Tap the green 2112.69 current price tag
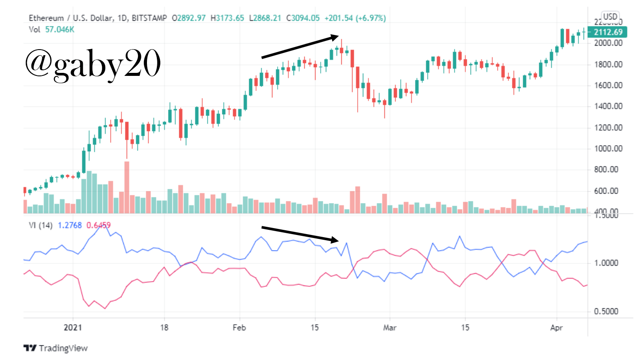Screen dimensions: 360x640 tap(608, 32)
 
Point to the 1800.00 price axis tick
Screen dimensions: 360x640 tap(608, 64)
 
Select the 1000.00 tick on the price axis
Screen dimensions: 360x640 tap(608, 148)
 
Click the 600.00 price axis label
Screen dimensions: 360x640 tap(608, 191)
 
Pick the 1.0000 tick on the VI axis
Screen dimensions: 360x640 tap(606, 263)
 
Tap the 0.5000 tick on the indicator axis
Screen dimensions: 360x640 tap(606, 311)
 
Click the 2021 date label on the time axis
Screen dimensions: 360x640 tap(72, 328)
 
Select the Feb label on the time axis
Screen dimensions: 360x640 tap(239, 328)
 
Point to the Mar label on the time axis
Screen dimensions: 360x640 tap(390, 328)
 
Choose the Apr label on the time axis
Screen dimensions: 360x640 tap(556, 328)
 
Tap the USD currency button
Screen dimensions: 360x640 tap(610, 17)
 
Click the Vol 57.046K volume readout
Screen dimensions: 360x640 tap(51, 29)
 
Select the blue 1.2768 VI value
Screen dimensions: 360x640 tap(69, 225)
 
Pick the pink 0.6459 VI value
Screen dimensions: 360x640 tap(98, 225)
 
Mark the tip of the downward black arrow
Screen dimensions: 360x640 tap(339, 241)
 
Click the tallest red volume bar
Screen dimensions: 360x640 tap(127, 187)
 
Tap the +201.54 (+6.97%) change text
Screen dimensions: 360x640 tap(355, 18)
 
